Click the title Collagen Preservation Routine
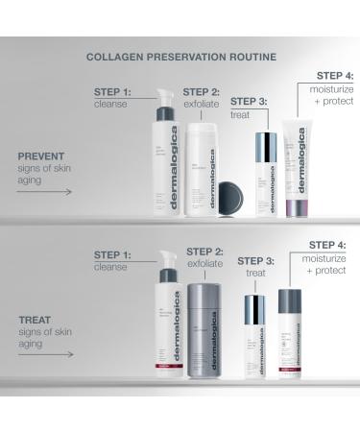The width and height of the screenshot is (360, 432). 180,57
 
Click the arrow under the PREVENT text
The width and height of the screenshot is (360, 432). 44,191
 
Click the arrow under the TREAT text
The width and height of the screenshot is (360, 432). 44,355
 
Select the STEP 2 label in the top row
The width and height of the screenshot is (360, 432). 202,92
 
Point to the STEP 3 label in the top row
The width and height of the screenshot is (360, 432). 249,101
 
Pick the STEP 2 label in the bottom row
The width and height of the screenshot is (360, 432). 204,251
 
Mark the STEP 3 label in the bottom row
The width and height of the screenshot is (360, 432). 255,260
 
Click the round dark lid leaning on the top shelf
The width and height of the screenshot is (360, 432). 230,198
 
